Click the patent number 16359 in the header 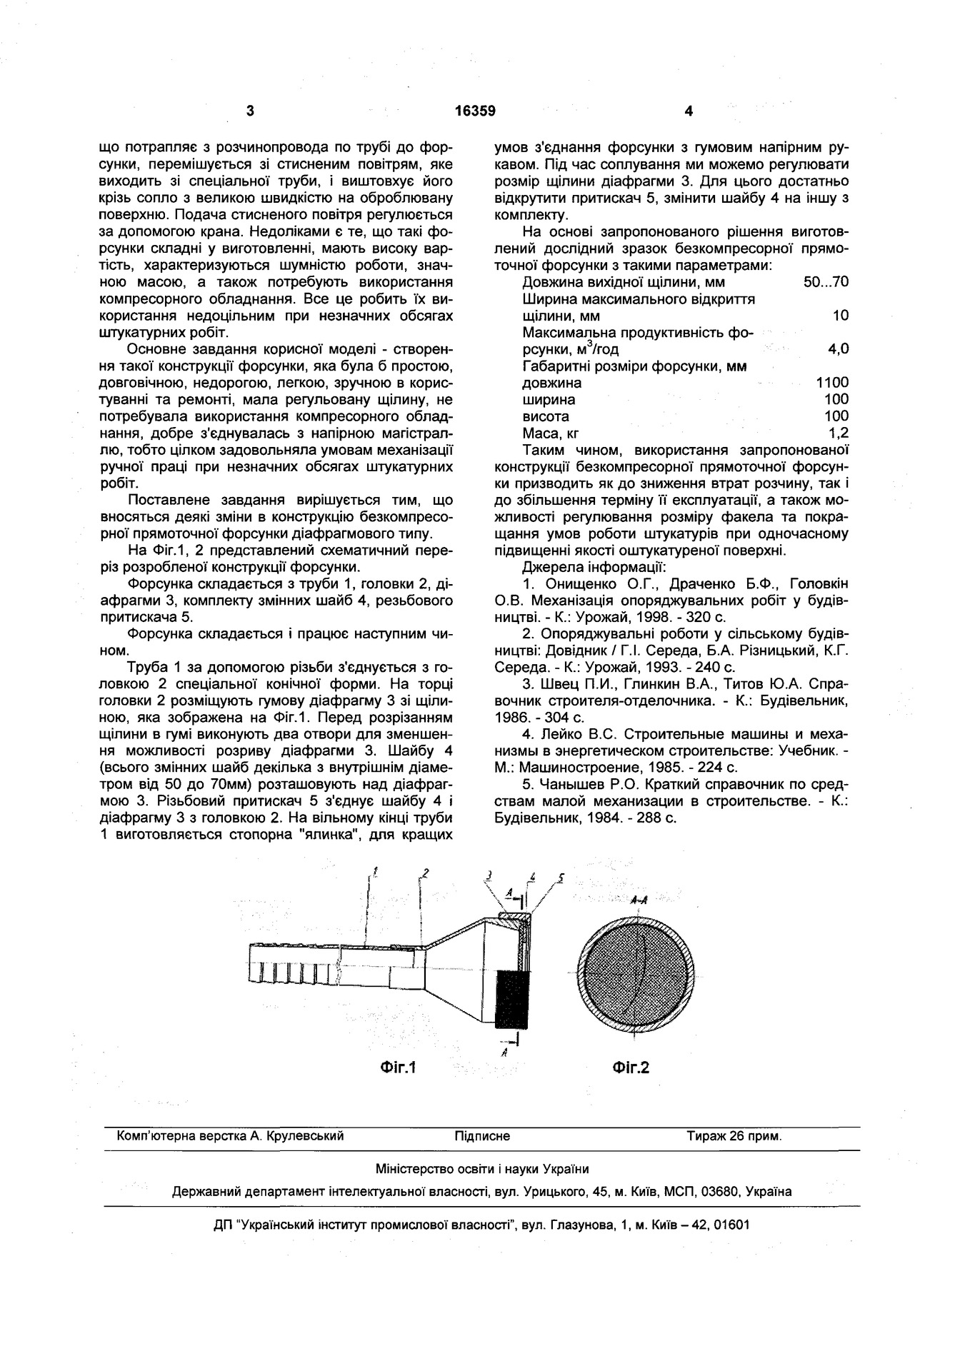(x=475, y=111)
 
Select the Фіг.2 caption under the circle (x=631, y=1068)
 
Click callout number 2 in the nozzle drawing (x=425, y=873)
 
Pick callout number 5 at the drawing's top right (x=561, y=878)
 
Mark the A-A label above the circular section (x=639, y=901)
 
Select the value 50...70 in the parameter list (x=826, y=282)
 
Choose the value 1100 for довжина (x=832, y=383)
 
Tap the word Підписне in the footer (x=482, y=1136)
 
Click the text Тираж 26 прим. (x=734, y=1136)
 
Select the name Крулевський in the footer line (x=306, y=1136)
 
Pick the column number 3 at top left (x=250, y=111)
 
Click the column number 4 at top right (x=688, y=111)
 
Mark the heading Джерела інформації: (x=594, y=568)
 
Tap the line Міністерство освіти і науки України (x=482, y=1170)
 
